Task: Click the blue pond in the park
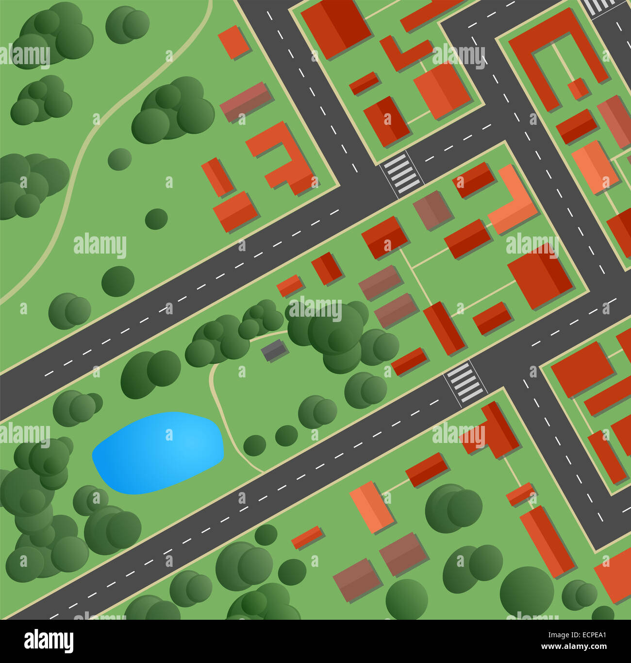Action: click(x=158, y=453)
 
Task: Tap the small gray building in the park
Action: click(x=275, y=350)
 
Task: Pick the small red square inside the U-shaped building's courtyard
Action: click(x=578, y=89)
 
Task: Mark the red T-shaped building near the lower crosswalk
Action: click(x=495, y=432)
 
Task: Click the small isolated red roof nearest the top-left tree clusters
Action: click(x=234, y=42)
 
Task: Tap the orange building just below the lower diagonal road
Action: click(x=371, y=506)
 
